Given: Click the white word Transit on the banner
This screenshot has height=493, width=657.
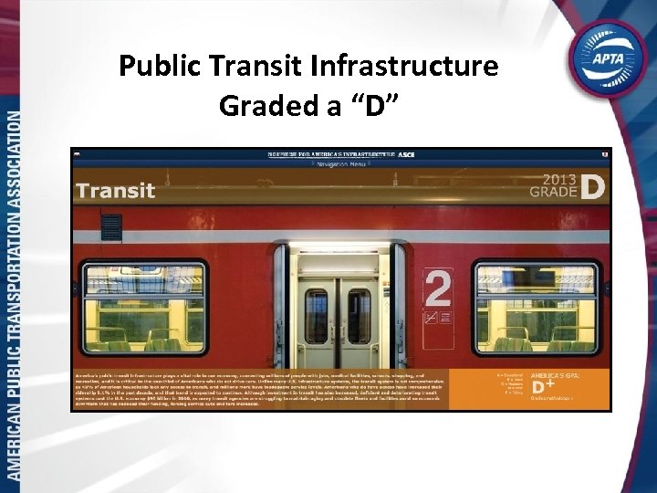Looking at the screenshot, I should pyautogui.click(x=116, y=191).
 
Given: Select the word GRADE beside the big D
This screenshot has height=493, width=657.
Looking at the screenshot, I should pyautogui.click(x=555, y=193).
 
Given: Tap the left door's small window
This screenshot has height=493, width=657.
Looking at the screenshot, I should pyautogui.click(x=317, y=316).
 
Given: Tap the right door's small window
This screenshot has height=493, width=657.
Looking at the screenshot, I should pyautogui.click(x=360, y=316).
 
